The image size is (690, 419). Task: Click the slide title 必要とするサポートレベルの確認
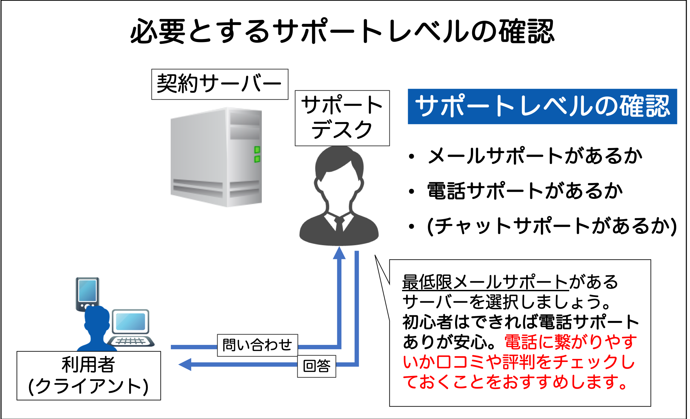tap(342, 31)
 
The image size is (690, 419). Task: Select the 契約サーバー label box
tap(220, 84)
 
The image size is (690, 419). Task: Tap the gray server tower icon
tap(216, 157)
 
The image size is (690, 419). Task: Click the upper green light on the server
tap(257, 149)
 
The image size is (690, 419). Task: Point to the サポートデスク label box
tap(342, 118)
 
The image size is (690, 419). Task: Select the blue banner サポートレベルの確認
tap(542, 106)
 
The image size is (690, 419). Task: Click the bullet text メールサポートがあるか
tap(535, 156)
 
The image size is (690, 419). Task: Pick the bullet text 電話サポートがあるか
tap(525, 191)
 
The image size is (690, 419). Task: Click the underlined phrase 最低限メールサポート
tap(485, 282)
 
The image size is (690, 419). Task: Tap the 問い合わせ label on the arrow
tap(257, 345)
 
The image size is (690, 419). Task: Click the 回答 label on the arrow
tap(316, 366)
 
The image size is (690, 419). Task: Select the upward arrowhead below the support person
tap(339, 253)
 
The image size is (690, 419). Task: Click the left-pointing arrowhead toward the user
tap(186, 364)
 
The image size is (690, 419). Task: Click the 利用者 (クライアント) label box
tap(88, 375)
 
